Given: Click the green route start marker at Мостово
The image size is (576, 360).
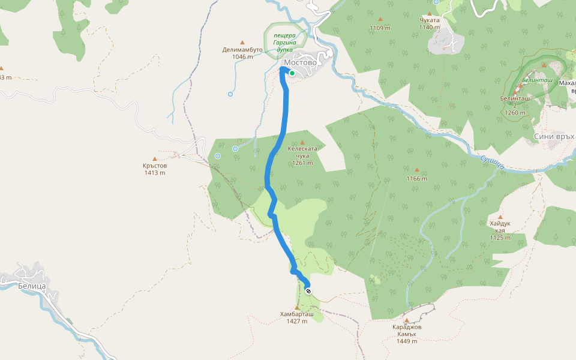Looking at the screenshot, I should pyautogui.click(x=292, y=73).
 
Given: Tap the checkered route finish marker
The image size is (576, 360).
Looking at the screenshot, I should pyautogui.click(x=308, y=291).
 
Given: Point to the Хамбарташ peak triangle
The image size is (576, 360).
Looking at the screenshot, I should pyautogui.click(x=296, y=307).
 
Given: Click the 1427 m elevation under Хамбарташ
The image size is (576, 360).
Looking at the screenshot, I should pyautogui.click(x=296, y=321).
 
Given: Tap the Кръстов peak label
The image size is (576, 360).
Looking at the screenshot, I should pyautogui.click(x=155, y=166).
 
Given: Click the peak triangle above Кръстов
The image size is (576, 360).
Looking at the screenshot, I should pyautogui.click(x=155, y=158).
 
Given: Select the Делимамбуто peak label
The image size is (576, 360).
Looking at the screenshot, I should pyautogui.click(x=242, y=50).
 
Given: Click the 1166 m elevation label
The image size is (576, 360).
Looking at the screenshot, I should pyautogui.click(x=416, y=178).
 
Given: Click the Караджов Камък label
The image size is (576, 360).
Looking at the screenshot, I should pyautogui.click(x=406, y=334).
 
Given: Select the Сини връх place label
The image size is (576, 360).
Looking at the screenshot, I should pyautogui.click(x=554, y=137).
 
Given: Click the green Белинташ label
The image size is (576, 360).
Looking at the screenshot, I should pyautogui.click(x=537, y=80).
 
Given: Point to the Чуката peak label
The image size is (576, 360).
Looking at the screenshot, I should pyautogui.click(x=430, y=20).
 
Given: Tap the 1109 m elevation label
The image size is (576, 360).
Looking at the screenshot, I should pyautogui.click(x=380, y=28).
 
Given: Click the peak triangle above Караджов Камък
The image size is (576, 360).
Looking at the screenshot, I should pyautogui.click(x=406, y=320).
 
